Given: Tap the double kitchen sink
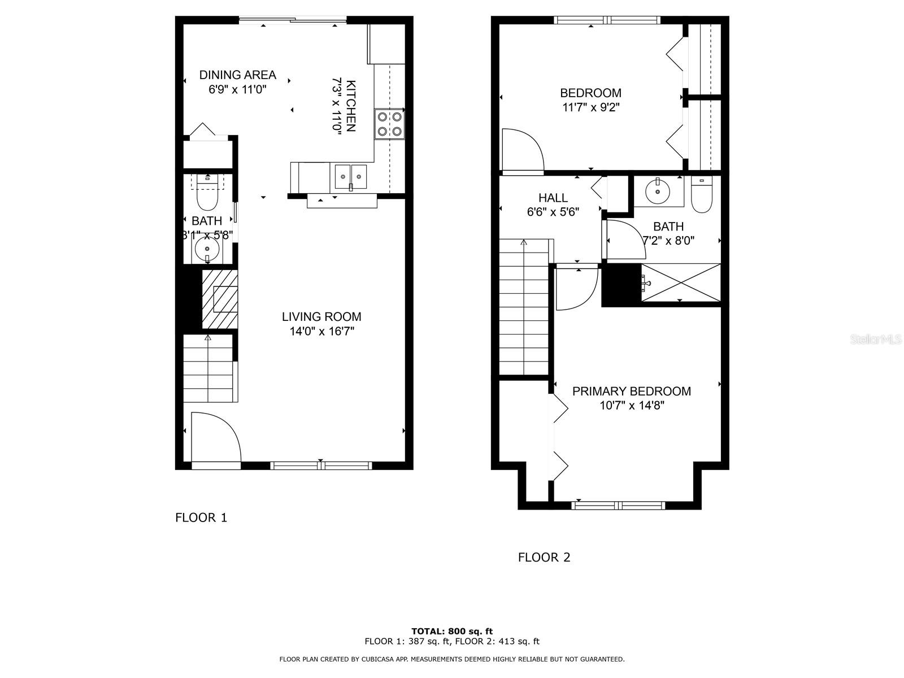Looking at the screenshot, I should (350, 176).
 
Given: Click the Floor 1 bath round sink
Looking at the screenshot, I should (207, 249).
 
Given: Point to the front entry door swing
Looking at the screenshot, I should (215, 438).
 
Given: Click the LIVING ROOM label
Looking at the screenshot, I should (321, 317).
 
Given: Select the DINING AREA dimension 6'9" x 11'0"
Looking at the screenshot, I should (237, 89).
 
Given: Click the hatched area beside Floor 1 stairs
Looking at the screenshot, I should (219, 299).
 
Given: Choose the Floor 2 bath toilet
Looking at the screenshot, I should (701, 195).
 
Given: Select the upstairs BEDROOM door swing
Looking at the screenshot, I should (521, 150).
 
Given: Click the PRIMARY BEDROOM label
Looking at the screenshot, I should (631, 391).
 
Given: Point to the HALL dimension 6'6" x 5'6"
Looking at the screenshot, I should (553, 212).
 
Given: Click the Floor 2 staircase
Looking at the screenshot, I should (524, 308).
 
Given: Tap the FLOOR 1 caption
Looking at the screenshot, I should (201, 518).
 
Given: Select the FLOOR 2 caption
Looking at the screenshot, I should (544, 558).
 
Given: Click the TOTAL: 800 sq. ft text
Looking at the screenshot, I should (452, 631).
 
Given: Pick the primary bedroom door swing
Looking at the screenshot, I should (575, 287).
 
